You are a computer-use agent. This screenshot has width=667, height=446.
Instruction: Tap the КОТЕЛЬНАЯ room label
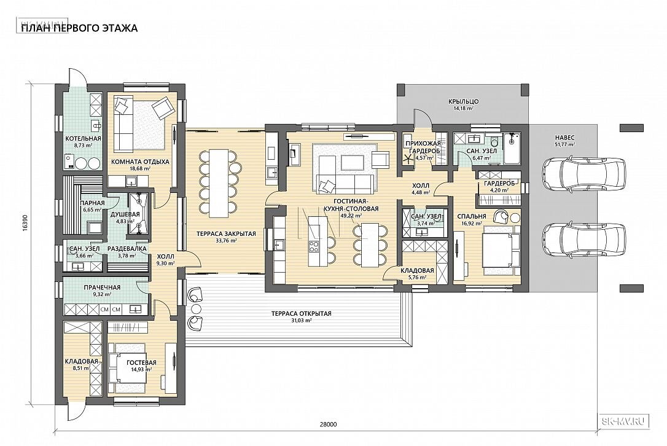[x=83, y=139]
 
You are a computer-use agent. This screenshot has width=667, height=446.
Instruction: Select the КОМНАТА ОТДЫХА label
[x=141, y=162]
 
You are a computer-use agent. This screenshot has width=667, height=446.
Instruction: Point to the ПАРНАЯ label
[x=92, y=203]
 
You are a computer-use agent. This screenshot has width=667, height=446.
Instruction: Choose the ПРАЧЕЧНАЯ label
[x=102, y=288]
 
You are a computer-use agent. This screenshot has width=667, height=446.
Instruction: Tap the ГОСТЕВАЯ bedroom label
[x=142, y=362]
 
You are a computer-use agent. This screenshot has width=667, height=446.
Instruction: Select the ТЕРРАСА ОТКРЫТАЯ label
[x=301, y=314]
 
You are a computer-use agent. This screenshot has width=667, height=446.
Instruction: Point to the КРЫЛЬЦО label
[x=463, y=102]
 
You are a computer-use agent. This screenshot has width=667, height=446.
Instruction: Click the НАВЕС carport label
[x=564, y=138]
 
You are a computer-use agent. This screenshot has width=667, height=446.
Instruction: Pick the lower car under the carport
[x=585, y=240]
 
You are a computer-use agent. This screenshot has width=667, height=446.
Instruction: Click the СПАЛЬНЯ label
[x=472, y=216]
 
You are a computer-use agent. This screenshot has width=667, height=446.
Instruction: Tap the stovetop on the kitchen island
[x=314, y=246]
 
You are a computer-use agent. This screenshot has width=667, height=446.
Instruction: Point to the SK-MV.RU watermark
[x=626, y=421]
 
